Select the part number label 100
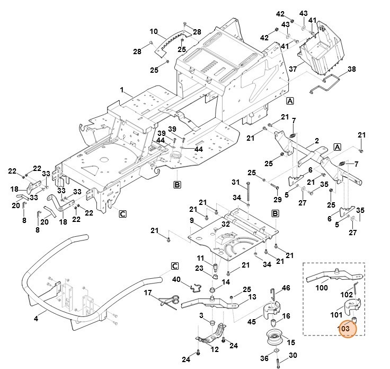point(322,288)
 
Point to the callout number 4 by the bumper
point(36,319)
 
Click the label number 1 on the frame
point(121,91)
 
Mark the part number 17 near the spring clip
point(148,293)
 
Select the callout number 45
point(251,321)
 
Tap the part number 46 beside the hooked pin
point(286,288)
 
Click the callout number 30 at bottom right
point(292,355)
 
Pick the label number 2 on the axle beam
point(316,141)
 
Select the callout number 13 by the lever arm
point(252,296)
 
